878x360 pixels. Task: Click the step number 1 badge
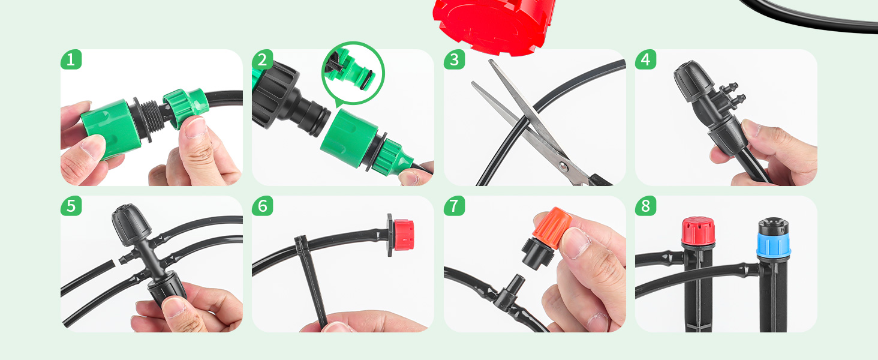pos(71,59)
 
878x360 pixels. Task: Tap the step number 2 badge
pos(262,59)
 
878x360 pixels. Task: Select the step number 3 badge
pos(454,59)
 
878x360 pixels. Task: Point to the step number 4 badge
pos(645,59)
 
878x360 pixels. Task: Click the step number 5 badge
pos(71,206)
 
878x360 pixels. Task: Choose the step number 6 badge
pos(262,206)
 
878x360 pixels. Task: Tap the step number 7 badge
pos(454,206)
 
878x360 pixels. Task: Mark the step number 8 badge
pos(645,206)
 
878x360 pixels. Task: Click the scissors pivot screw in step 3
pos(563,167)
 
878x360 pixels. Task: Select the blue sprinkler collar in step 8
pos(773,245)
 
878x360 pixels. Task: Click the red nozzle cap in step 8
pos(698,231)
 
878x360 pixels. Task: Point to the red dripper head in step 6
pos(404,235)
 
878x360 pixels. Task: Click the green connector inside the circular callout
pos(350,71)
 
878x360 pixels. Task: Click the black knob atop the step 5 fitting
pos(131,224)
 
